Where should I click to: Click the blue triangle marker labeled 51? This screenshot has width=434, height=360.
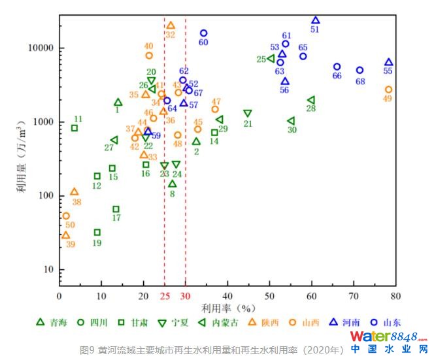[316, 21]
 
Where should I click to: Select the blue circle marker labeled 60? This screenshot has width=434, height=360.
[203, 33]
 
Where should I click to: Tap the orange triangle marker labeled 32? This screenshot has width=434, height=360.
[171, 26]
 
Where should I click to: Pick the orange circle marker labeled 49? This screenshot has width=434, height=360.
[388, 90]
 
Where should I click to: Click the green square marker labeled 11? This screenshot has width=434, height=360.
[75, 128]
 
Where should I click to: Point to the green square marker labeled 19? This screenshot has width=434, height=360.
[97, 232]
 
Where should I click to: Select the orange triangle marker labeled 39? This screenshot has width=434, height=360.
[65, 235]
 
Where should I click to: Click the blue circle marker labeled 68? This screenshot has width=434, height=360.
[359, 71]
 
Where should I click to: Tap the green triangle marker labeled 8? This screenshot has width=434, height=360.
[172, 184]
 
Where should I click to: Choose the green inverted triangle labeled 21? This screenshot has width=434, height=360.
[247, 114]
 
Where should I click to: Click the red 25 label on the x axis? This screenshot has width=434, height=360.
[165, 295]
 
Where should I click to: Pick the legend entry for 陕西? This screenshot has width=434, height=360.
[261, 322]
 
